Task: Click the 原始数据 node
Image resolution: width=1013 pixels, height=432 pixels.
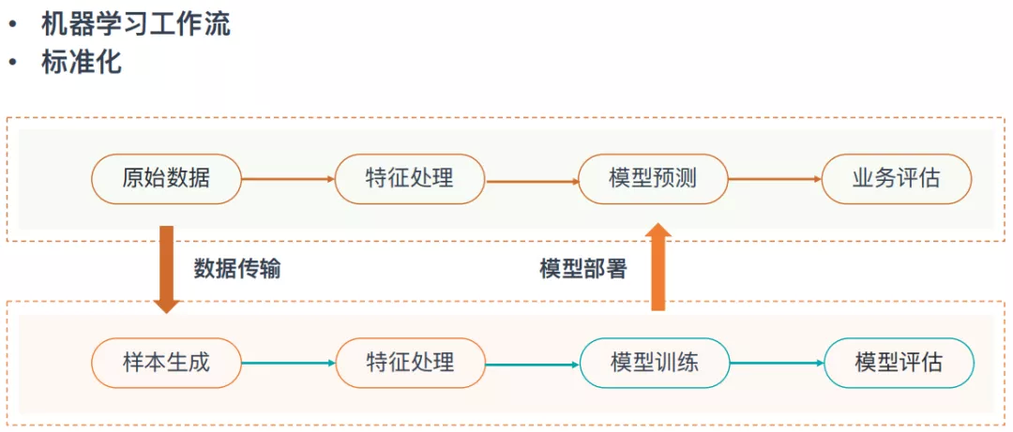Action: coord(166,177)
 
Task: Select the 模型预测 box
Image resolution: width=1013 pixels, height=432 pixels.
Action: coord(653,177)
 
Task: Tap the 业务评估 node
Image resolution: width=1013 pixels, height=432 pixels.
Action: coord(897,177)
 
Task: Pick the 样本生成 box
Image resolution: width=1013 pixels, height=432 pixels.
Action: coord(166,364)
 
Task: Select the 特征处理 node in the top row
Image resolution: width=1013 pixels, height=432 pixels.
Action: coord(410,177)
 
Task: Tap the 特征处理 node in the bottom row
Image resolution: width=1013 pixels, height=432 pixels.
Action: coord(410,364)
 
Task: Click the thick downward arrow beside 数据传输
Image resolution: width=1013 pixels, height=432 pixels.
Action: coord(167,270)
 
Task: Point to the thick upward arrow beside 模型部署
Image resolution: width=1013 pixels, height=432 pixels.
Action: coord(658,267)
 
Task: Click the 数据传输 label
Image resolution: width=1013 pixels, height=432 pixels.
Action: coord(237,269)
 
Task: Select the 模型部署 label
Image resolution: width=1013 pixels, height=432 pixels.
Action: coord(582,269)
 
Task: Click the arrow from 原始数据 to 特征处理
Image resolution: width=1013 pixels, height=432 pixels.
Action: coord(288,179)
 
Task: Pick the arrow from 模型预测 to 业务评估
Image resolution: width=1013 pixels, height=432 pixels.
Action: coord(775,178)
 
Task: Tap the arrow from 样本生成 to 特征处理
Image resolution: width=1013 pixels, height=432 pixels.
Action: coord(288,364)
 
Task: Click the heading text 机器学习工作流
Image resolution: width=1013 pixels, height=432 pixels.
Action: coord(135,25)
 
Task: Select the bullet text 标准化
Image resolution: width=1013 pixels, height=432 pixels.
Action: coord(81,63)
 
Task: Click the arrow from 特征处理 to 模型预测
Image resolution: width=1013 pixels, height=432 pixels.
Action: coord(532,182)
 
